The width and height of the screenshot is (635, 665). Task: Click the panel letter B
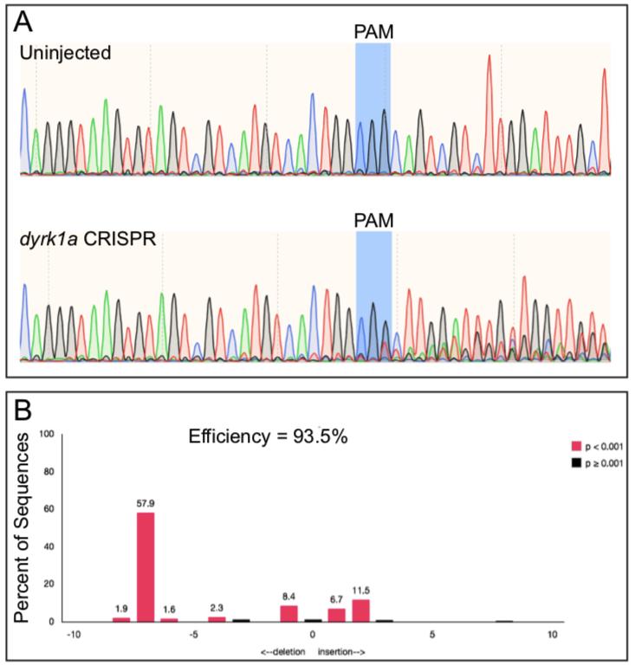coord(26,409)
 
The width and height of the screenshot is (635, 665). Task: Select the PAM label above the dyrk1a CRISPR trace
coord(373,221)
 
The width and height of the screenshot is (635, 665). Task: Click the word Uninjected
coord(68,54)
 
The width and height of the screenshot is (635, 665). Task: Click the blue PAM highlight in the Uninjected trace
coord(373,108)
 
